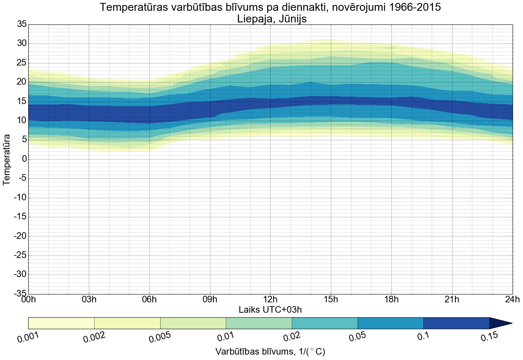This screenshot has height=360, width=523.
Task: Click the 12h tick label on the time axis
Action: (270, 299)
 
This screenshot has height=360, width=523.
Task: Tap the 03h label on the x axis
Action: (89, 299)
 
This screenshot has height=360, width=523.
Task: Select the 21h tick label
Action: (452, 299)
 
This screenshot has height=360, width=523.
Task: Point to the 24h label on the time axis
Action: (512, 299)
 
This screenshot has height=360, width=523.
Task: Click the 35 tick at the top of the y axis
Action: (22, 24)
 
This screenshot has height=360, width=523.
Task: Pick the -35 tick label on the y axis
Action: (20, 294)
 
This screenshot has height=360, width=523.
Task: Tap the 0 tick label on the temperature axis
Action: (24, 159)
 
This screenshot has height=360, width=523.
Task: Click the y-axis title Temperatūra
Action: (7, 159)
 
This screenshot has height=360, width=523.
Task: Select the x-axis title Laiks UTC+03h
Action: (270, 309)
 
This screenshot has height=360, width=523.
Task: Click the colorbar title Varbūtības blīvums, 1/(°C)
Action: (270, 352)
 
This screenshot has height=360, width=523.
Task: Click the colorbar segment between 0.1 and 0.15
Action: (456, 323)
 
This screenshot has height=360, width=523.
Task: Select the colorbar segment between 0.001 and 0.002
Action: (61, 323)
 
